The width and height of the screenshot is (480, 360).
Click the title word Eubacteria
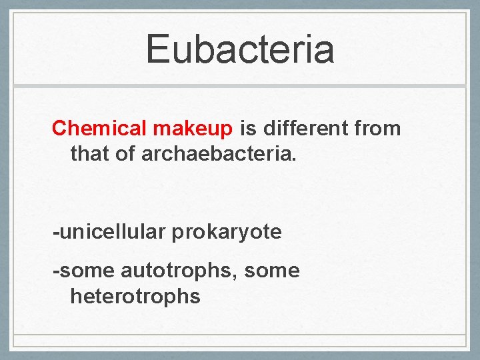coord(240,49)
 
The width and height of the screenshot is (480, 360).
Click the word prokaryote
coord(227,233)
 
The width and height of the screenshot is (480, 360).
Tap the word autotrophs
coord(179,271)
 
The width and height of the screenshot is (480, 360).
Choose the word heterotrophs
coord(135,296)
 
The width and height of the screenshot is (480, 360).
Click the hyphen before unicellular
coord(56,233)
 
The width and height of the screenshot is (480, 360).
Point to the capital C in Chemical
coord(59,127)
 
